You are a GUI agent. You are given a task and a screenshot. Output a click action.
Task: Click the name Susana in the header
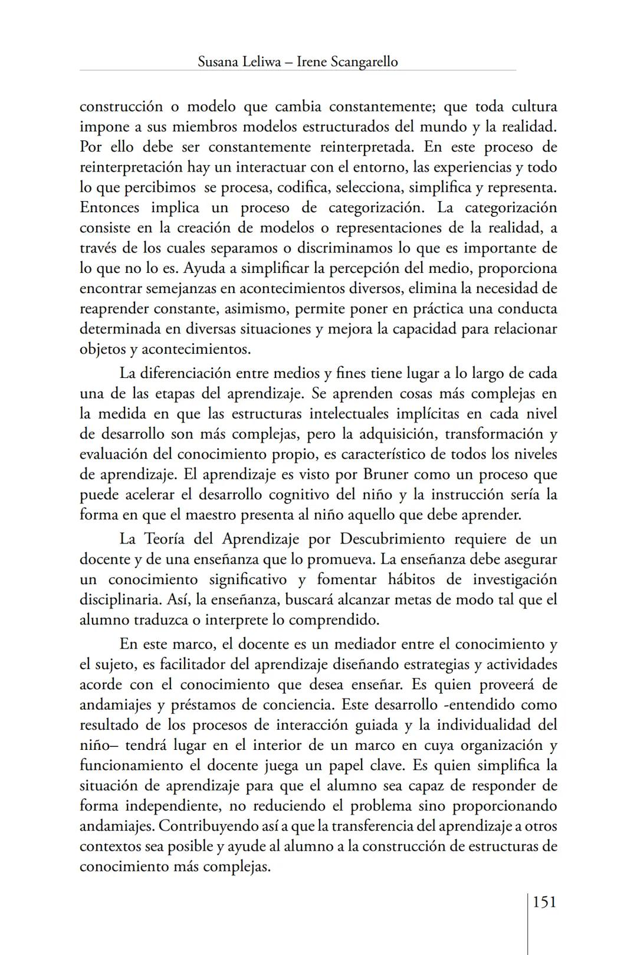pos(218,61)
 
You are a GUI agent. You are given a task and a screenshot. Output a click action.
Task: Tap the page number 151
pos(544,901)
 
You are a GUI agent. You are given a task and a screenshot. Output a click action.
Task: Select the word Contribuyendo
pos(211,826)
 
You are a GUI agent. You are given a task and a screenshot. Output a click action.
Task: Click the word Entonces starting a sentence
pos(110,208)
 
